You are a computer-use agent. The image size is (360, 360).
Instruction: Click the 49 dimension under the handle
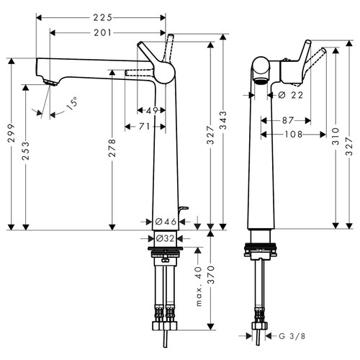(151, 110)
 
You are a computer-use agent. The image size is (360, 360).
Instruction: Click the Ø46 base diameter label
(163, 222)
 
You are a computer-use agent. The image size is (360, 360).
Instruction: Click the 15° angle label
(74, 106)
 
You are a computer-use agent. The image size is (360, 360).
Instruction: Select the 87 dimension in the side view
(288, 120)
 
